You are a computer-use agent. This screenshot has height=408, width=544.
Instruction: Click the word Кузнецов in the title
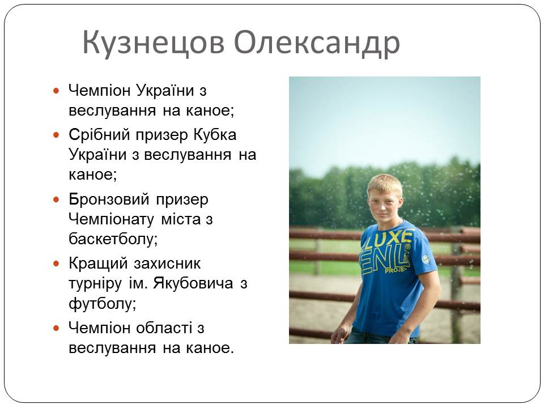click(x=154, y=42)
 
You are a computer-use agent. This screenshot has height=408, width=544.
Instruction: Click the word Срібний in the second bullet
click(x=99, y=135)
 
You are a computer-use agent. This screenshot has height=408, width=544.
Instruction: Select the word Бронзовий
click(x=109, y=199)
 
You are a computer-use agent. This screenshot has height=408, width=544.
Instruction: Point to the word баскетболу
click(x=113, y=239)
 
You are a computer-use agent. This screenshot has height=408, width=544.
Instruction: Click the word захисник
click(x=167, y=263)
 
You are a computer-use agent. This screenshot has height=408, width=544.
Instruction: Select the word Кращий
click(x=98, y=263)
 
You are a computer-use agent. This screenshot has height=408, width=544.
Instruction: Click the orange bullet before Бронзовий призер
click(x=56, y=199)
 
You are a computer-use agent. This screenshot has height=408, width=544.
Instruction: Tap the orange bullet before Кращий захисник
click(x=56, y=263)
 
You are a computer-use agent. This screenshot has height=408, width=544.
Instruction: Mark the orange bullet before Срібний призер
click(x=56, y=135)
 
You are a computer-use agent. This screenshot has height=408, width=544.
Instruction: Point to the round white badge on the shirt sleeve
click(x=426, y=259)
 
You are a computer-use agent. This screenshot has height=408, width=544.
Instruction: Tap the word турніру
click(x=95, y=284)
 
